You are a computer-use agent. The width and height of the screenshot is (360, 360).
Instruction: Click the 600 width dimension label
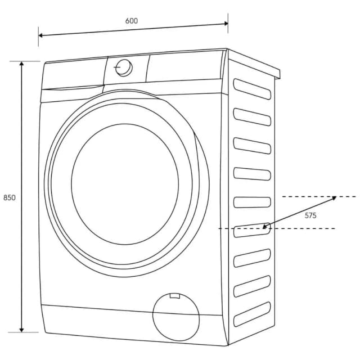(132, 21)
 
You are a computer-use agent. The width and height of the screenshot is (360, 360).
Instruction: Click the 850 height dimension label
(9, 197)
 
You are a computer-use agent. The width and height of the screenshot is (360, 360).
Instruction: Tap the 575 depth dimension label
(310, 215)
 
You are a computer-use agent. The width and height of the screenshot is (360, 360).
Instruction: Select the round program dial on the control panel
(124, 68)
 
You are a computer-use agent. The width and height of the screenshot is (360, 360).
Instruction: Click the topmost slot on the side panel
(252, 89)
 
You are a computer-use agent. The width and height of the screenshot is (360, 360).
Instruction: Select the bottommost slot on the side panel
(252, 318)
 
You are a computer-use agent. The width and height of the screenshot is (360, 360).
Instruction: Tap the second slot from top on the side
(252, 117)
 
